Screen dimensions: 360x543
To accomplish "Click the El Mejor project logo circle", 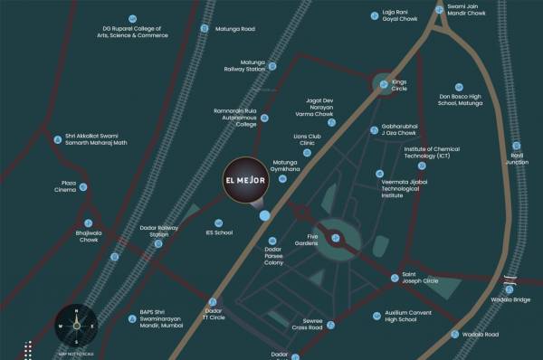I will click(245, 180).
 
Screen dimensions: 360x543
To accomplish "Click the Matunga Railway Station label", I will click(244, 66).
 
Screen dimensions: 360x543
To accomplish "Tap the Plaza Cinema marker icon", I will click(83, 187).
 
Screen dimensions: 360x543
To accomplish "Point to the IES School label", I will click(220, 232).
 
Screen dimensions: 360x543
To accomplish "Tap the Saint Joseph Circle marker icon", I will click(395, 278).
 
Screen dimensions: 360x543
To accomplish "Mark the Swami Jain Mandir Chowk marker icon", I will click(440, 10).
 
